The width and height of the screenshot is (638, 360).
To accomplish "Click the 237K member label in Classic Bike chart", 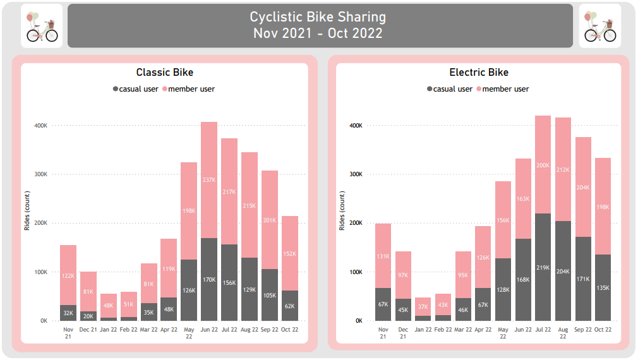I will tap(210, 179).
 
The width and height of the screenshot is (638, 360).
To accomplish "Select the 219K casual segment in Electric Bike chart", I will tap(543, 267).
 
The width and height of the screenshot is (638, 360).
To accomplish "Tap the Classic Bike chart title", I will tap(165, 73).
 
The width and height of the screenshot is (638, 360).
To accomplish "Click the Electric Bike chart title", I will tap(479, 73).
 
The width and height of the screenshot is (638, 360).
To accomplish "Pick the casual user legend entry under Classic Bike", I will tap(135, 89).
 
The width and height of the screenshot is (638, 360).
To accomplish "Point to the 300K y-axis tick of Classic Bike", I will tap(40, 174).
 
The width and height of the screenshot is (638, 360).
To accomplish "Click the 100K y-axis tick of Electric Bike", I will tap(355, 272).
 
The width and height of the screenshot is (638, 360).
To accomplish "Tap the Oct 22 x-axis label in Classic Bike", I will tap(290, 329).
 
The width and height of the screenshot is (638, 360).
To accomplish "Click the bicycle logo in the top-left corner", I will tap(42, 26).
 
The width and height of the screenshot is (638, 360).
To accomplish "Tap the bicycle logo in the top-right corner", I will tap(599, 26).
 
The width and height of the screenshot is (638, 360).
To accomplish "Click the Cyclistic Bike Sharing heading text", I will tap(318, 17).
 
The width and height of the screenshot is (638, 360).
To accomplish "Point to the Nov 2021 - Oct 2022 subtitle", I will tap(318, 33).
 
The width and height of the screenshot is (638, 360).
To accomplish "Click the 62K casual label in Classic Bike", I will tap(290, 306).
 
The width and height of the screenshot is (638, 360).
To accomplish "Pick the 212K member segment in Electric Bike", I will tap(563, 169).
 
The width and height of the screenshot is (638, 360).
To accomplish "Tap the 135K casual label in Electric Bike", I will tap(603, 288).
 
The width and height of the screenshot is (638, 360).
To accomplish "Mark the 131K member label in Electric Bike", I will tap(383, 256).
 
